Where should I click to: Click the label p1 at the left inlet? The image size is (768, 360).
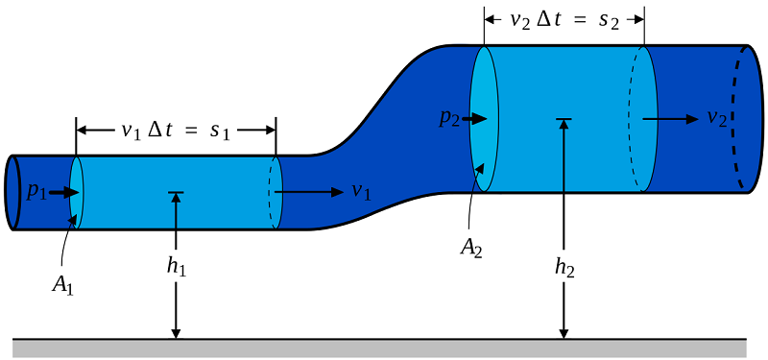(x=36, y=192)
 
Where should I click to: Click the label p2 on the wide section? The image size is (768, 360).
(x=450, y=118)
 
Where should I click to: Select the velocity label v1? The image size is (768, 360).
(x=360, y=192)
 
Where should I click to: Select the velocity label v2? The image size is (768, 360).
(x=716, y=118)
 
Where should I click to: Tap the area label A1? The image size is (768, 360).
(x=59, y=285)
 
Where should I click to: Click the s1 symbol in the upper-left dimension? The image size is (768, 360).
(x=221, y=131)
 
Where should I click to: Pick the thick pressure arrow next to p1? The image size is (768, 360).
(x=63, y=192)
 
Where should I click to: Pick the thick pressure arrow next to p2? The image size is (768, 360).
(x=477, y=118)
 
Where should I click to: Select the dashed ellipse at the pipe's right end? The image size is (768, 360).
(x=740, y=118)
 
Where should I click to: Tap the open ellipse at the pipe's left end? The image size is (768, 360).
(x=13, y=192)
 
